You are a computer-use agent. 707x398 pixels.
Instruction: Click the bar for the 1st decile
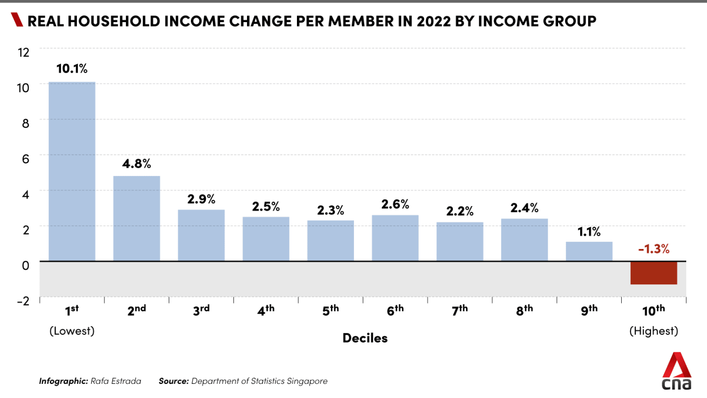tap(72, 172)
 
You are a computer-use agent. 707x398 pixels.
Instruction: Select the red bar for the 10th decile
tap(654, 273)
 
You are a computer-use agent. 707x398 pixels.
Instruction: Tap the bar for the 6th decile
tap(395, 238)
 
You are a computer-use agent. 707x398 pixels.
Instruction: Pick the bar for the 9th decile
tap(589, 251)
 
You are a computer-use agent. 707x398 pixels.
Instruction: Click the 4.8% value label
tap(137, 164)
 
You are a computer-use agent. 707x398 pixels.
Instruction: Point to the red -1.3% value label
tap(654, 249)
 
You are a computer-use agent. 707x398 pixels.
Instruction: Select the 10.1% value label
tap(72, 69)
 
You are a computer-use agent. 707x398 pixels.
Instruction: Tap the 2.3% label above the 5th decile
tap(330, 210)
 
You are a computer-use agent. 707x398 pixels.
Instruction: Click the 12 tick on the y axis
tap(24, 52)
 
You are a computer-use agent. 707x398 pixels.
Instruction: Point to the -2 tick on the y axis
tap(23, 301)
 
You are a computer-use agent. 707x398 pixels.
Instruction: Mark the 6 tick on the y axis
tap(25, 159)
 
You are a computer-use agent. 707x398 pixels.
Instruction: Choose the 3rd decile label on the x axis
tap(201, 310)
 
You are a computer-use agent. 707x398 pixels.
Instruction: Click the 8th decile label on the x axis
tap(524, 310)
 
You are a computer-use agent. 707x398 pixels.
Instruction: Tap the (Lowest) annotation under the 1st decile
tap(72, 331)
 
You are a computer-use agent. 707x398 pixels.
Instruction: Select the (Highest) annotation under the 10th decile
tap(654, 331)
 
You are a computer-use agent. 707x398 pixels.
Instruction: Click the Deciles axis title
tap(365, 338)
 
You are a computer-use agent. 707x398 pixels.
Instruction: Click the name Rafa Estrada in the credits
tap(116, 381)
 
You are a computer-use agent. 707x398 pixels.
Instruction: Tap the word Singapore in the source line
tap(307, 381)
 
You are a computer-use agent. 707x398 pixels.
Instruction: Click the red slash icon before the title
tap(17, 20)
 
